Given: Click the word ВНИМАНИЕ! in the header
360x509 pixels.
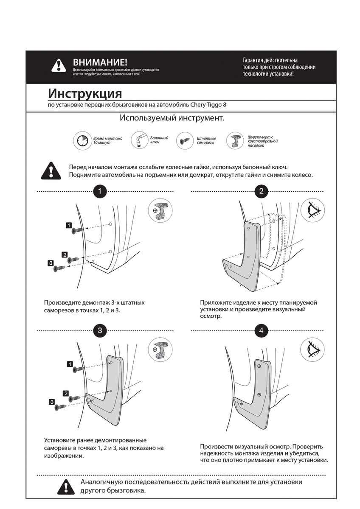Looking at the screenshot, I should (x=100, y=62).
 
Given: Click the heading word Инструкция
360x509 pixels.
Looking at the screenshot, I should (x=85, y=93).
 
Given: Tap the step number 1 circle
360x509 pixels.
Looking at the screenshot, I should (x=99, y=191).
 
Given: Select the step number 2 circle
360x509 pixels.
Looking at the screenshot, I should (x=261, y=191).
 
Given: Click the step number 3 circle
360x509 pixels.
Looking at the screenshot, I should (x=99, y=331).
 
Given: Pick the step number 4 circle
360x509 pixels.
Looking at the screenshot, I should (x=261, y=331).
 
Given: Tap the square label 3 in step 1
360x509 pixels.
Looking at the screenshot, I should (x=51, y=264).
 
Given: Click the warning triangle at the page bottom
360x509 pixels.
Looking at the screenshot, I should (x=65, y=486).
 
